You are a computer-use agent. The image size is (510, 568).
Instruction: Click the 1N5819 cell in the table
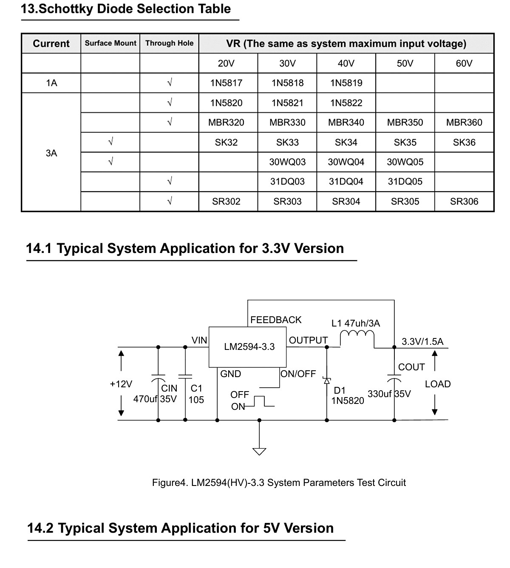[346, 83]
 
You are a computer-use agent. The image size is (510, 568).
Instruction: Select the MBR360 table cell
[464, 122]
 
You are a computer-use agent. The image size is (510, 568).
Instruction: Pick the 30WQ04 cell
[346, 162]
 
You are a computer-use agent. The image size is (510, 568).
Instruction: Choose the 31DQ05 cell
[405, 182]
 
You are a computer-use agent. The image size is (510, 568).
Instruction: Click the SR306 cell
[464, 202]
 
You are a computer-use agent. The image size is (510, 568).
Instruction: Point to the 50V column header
[405, 63]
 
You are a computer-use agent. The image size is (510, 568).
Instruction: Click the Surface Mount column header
[110, 43]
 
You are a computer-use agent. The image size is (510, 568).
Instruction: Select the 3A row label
[51, 153]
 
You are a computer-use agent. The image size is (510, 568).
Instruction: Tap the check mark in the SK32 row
[110, 142]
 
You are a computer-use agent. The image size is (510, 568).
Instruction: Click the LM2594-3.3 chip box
[247, 347]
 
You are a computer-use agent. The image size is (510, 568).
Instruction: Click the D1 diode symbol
[327, 381]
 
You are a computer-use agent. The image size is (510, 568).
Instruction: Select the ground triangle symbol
[259, 452]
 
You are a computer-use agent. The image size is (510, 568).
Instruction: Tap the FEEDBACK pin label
[276, 320]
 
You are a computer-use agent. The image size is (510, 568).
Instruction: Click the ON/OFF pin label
[298, 374]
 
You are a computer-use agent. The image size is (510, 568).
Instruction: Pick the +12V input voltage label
[121, 384]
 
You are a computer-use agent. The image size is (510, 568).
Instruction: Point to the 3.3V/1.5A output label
[422, 341]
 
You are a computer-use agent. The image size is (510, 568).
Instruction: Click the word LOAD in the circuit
[438, 384]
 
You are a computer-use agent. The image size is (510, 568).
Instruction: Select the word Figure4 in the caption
[169, 483]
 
